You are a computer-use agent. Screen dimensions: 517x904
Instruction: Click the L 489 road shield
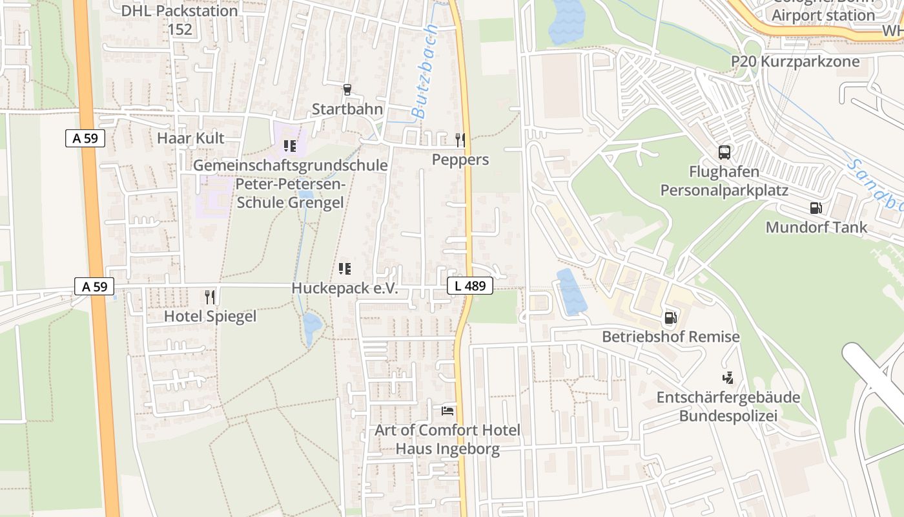pyautogui.click(x=470, y=286)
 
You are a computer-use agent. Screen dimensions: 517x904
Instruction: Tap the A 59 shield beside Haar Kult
pyautogui.click(x=85, y=138)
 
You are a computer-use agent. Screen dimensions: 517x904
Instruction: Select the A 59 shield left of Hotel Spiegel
pyautogui.click(x=94, y=286)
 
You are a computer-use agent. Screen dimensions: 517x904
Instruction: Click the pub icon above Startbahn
pyautogui.click(x=347, y=90)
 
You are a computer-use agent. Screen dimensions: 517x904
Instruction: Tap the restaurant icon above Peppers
pyautogui.click(x=460, y=140)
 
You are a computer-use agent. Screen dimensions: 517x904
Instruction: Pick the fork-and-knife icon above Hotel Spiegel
pyautogui.click(x=210, y=297)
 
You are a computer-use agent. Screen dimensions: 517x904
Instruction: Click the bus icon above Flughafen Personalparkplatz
pyautogui.click(x=724, y=153)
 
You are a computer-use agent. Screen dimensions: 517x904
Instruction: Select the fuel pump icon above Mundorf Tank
pyautogui.click(x=816, y=208)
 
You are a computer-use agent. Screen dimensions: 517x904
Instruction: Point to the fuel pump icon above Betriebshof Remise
pyautogui.click(x=671, y=318)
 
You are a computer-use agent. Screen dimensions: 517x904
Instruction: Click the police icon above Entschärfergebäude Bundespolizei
pyautogui.click(x=728, y=377)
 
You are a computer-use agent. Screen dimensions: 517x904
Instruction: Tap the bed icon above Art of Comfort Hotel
pyautogui.click(x=447, y=410)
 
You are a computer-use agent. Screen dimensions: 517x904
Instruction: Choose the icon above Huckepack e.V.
pyautogui.click(x=345, y=268)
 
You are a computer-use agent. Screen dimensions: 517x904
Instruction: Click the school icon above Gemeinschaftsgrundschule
pyautogui.click(x=290, y=146)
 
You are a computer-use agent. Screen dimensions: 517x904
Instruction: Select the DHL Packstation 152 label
pyautogui.click(x=180, y=20)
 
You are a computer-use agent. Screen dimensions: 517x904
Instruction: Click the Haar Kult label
pyautogui.click(x=190, y=138)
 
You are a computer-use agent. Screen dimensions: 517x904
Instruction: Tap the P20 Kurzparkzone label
pyautogui.click(x=796, y=61)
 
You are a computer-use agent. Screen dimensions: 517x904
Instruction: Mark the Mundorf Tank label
pyautogui.click(x=816, y=227)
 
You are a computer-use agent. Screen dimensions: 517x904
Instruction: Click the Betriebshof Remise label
pyautogui.click(x=671, y=337)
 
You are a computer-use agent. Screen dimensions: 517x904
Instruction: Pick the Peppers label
pyautogui.click(x=460, y=160)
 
